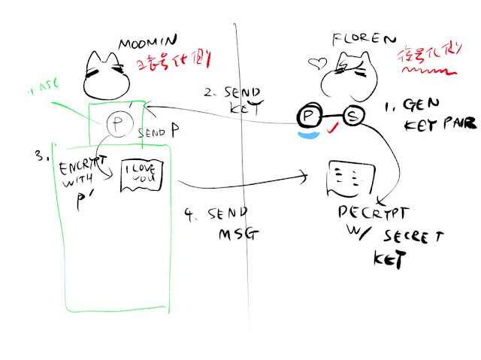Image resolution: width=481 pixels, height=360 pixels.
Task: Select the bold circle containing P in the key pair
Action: click(309, 116)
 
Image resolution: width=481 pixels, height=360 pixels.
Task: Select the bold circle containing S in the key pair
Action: click(353, 116)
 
